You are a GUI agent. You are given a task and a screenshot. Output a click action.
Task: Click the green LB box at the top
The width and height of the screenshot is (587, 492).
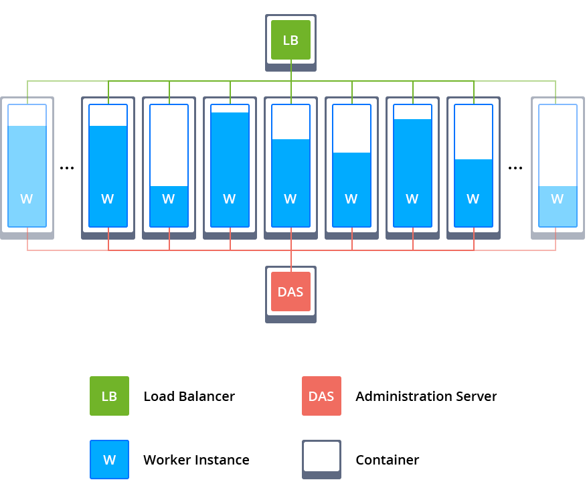pos(290,40)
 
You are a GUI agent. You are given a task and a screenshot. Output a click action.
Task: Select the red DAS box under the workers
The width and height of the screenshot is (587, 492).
pos(290,292)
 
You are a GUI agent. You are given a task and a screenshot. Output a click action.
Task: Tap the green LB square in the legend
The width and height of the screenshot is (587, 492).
pos(109,396)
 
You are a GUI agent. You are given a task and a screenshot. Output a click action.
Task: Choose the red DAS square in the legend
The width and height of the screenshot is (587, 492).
pos(321,396)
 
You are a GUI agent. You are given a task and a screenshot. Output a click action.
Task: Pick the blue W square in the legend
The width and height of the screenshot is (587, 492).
pos(109,460)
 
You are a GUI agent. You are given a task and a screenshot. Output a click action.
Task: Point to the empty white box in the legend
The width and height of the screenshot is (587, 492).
pos(321,457)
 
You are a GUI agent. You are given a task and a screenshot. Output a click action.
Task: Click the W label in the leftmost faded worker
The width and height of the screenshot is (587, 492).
pos(27,199)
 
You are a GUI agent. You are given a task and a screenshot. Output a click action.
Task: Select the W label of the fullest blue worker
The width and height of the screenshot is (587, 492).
pos(230,199)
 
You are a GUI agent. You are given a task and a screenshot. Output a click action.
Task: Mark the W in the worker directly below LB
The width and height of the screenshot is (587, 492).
pos(290,199)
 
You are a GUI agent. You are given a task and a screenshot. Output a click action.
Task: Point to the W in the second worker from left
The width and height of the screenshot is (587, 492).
pos(108,199)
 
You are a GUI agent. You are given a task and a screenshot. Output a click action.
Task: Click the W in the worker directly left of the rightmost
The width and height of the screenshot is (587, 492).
pos(473,199)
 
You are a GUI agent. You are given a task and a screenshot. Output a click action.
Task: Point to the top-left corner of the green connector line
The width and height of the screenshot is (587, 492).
pos(27,81)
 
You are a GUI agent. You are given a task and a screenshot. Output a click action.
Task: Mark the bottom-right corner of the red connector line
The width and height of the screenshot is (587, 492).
pos(556,250)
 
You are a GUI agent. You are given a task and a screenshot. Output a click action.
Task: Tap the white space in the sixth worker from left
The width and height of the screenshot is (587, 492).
pos(351,129)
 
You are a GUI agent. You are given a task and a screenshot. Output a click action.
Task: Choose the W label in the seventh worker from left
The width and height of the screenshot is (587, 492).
pos(412,199)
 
